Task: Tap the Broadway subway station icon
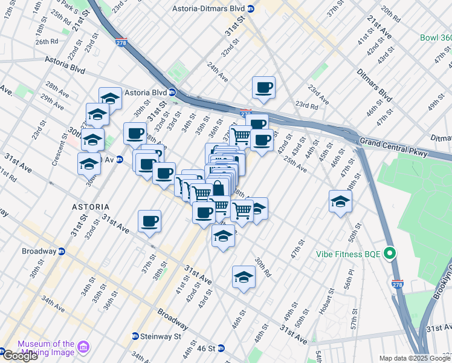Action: (62, 251)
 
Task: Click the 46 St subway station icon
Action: (221, 348)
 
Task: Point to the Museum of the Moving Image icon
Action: (83, 348)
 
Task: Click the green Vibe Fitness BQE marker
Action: (391, 253)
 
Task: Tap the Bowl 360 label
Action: (436, 38)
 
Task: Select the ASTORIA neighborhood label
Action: (91, 207)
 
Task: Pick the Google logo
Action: (20, 356)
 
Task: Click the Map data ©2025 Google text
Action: (415, 358)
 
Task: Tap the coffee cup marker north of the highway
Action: (263, 88)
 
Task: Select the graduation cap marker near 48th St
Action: (340, 201)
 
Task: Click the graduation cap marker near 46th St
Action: (244, 277)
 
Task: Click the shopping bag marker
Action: (218, 189)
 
